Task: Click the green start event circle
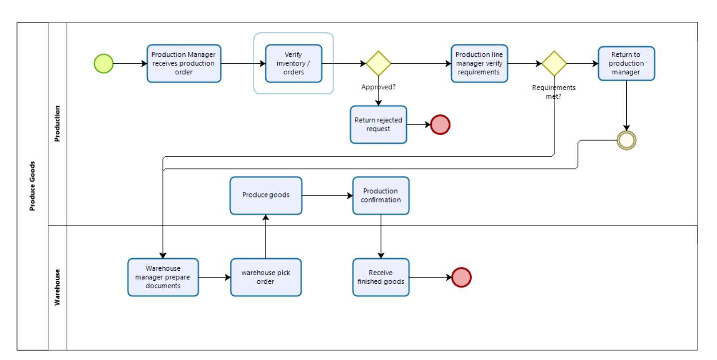coord(104,63)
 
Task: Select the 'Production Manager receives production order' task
coord(183,63)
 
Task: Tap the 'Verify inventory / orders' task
coord(293,63)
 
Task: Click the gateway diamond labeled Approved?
coord(378,63)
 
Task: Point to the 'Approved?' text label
coord(378,86)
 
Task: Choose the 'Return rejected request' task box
coord(378,125)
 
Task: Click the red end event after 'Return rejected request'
coord(440,125)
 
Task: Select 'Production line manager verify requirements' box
coord(479,63)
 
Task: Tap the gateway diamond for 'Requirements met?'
coord(554,63)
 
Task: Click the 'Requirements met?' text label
coord(554,91)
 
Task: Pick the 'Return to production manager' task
coord(626,63)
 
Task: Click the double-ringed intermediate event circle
coord(626,141)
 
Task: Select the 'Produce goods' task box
coord(266,195)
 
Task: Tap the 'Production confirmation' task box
coord(380,195)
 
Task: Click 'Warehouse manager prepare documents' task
coord(163,277)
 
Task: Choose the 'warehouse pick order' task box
coord(266,277)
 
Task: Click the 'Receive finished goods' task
coord(380,277)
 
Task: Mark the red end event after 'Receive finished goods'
coord(461,278)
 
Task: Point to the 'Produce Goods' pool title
coord(33,186)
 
